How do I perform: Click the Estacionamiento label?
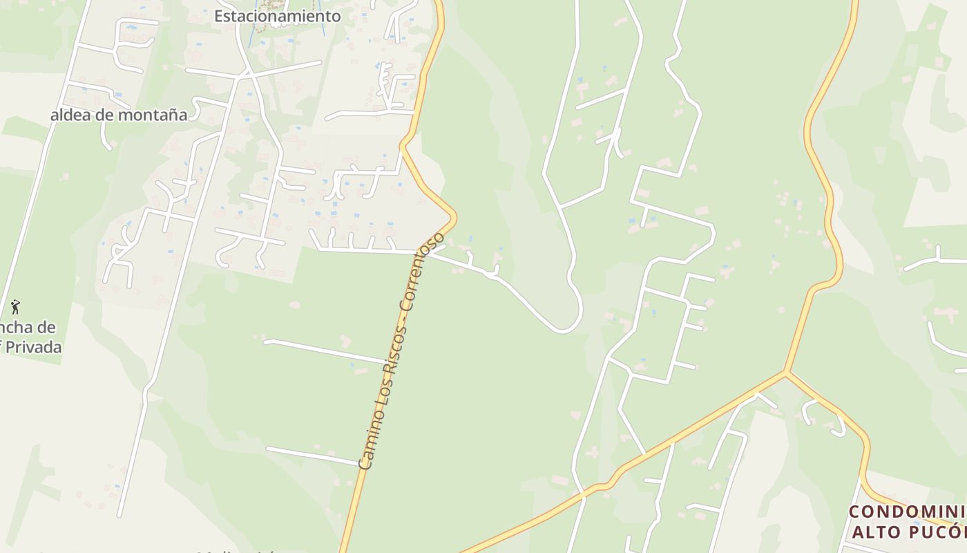pos(277,16)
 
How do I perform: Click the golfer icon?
pos(15,306)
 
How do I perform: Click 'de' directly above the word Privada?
pos(48,328)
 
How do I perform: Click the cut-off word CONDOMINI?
pos(907,512)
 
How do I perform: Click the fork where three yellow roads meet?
pos(785,373)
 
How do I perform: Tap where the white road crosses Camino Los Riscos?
pos(423,252)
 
